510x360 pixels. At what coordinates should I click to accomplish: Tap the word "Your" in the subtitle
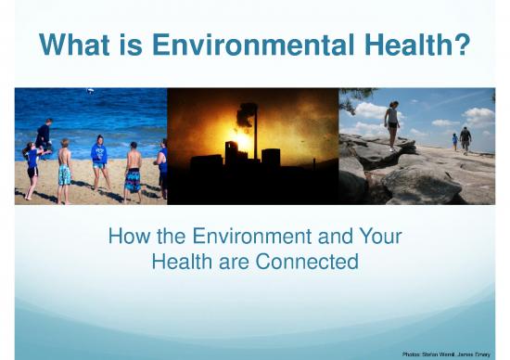[380, 237]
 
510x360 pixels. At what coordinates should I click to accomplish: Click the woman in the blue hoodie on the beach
[99, 158]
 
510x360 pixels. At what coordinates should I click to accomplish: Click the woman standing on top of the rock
[393, 124]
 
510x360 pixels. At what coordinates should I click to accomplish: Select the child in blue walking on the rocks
[454, 142]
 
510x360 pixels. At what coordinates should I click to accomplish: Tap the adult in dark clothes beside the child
[465, 139]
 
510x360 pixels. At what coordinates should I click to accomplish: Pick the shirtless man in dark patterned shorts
[133, 168]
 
